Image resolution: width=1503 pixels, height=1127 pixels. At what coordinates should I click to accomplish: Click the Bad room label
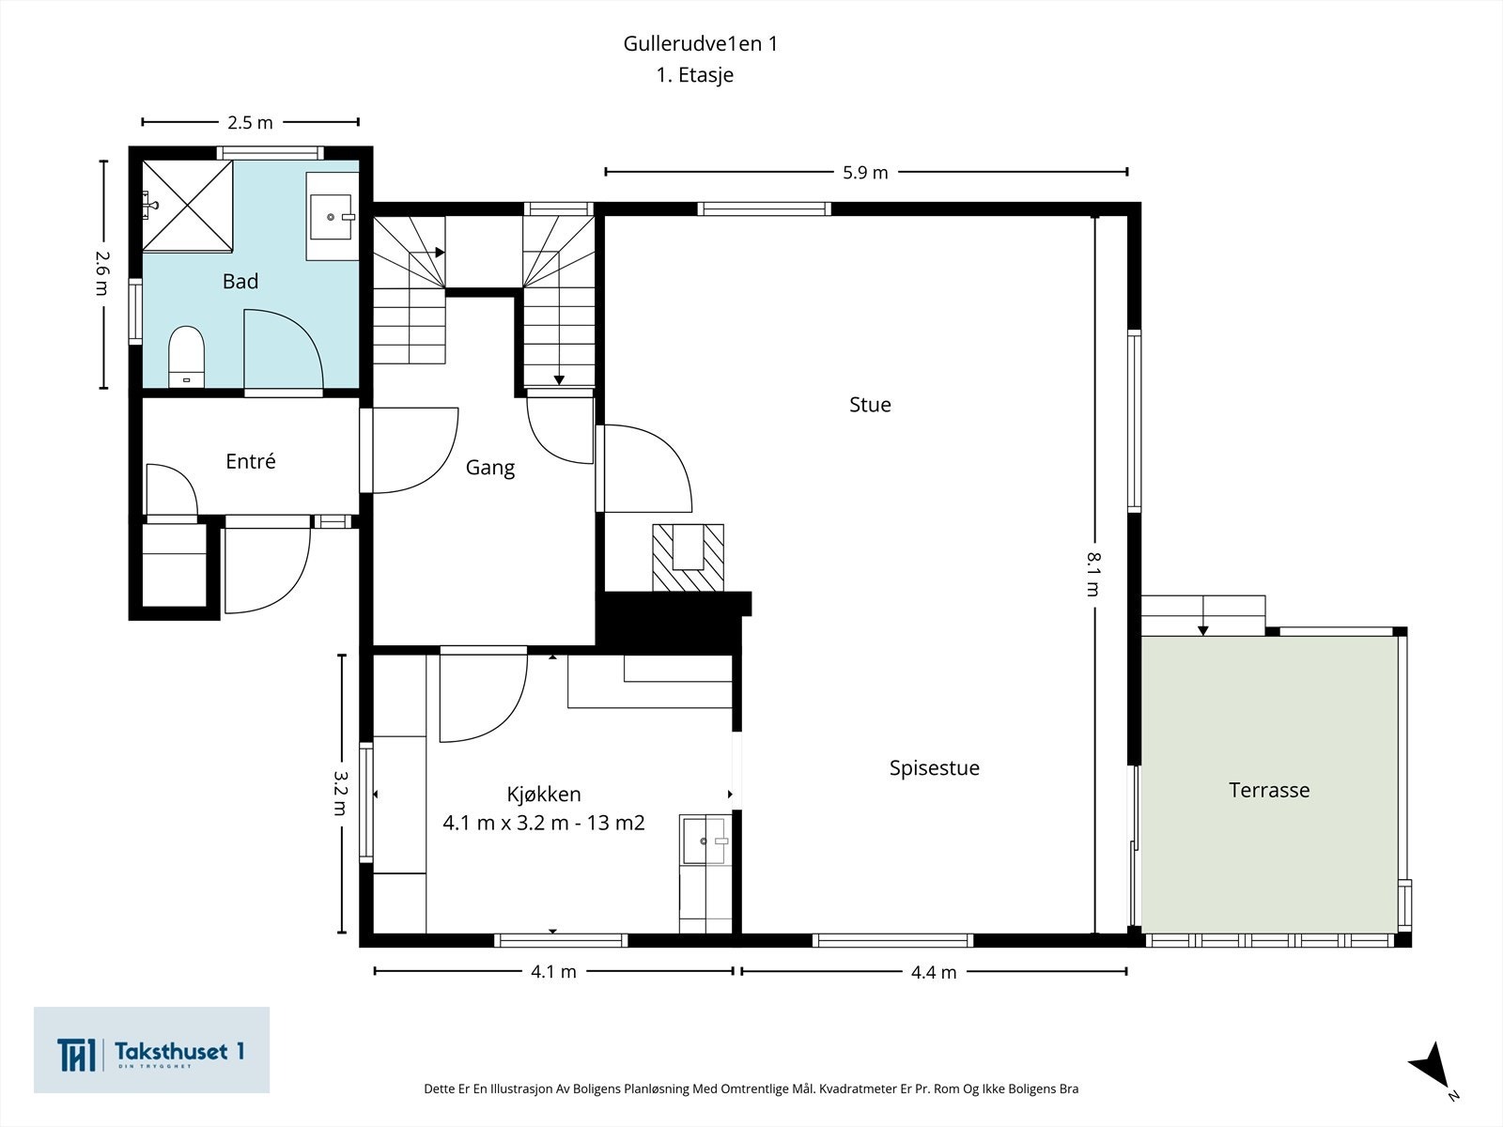tap(240, 281)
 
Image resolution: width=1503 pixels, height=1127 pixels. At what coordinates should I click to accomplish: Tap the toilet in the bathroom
tap(186, 356)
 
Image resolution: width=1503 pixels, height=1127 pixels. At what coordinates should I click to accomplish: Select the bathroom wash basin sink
tap(332, 217)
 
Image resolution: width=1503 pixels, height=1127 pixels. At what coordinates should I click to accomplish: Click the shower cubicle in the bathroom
tap(188, 206)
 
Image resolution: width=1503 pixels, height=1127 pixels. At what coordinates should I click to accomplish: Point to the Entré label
tap(251, 461)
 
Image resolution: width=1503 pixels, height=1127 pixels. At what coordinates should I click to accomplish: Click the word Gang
tap(490, 468)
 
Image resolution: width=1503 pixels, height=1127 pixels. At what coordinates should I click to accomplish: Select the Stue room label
tap(870, 405)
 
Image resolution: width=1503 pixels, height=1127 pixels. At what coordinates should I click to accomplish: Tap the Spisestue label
tap(934, 768)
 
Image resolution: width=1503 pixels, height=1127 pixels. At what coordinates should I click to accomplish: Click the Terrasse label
tap(1269, 791)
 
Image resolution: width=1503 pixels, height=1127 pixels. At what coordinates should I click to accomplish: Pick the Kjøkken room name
tap(544, 795)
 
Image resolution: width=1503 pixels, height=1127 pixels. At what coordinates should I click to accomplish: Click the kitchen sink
tap(705, 841)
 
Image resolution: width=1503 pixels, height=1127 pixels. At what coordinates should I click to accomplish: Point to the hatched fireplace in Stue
tap(689, 558)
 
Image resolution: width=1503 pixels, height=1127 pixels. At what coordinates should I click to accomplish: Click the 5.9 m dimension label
tap(865, 173)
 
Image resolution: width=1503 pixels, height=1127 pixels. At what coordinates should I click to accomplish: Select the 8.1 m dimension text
tap(1093, 574)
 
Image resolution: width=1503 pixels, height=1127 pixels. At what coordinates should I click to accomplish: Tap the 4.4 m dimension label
tap(934, 972)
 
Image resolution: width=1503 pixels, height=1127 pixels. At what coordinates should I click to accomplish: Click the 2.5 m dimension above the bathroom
tap(250, 122)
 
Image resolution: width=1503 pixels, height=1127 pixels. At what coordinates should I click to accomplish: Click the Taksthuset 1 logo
tap(151, 1050)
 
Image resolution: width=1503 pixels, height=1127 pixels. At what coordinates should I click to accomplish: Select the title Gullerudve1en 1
tap(700, 44)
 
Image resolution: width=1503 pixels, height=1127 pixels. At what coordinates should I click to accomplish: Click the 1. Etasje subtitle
tap(694, 74)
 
